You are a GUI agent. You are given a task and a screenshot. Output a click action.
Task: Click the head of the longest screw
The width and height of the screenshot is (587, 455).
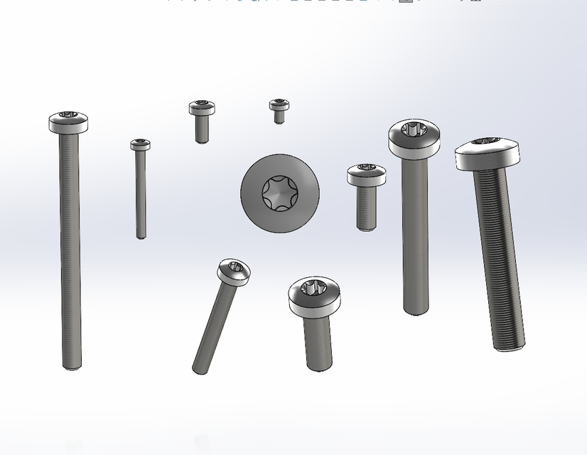[x=68, y=122]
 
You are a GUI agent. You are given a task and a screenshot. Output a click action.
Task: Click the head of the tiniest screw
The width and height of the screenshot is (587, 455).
[x=279, y=105]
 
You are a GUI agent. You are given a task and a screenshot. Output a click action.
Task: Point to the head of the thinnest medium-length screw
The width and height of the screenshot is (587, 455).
[x=140, y=144]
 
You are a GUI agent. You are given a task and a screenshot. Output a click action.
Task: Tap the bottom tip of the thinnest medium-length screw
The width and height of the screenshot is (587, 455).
[x=141, y=235]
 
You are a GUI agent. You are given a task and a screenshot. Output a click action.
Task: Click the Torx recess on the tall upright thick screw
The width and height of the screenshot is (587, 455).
[x=411, y=130]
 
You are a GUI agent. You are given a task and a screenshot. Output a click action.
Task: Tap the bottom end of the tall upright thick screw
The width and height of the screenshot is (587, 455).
[x=416, y=310]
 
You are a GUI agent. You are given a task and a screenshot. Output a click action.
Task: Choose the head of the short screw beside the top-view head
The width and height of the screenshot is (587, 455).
[x=366, y=174]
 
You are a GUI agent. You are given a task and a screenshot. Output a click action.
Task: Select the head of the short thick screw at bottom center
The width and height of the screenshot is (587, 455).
[x=313, y=295]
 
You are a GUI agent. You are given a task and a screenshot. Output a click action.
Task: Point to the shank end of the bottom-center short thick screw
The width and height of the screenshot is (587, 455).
[x=319, y=367]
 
